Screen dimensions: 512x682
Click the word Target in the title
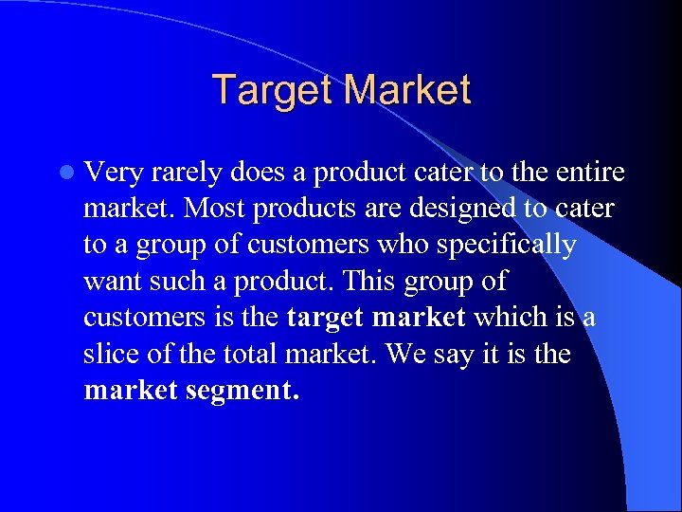click(274, 90)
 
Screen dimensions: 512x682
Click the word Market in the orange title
click(407, 90)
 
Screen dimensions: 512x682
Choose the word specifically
click(506, 246)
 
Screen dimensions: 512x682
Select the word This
click(368, 282)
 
